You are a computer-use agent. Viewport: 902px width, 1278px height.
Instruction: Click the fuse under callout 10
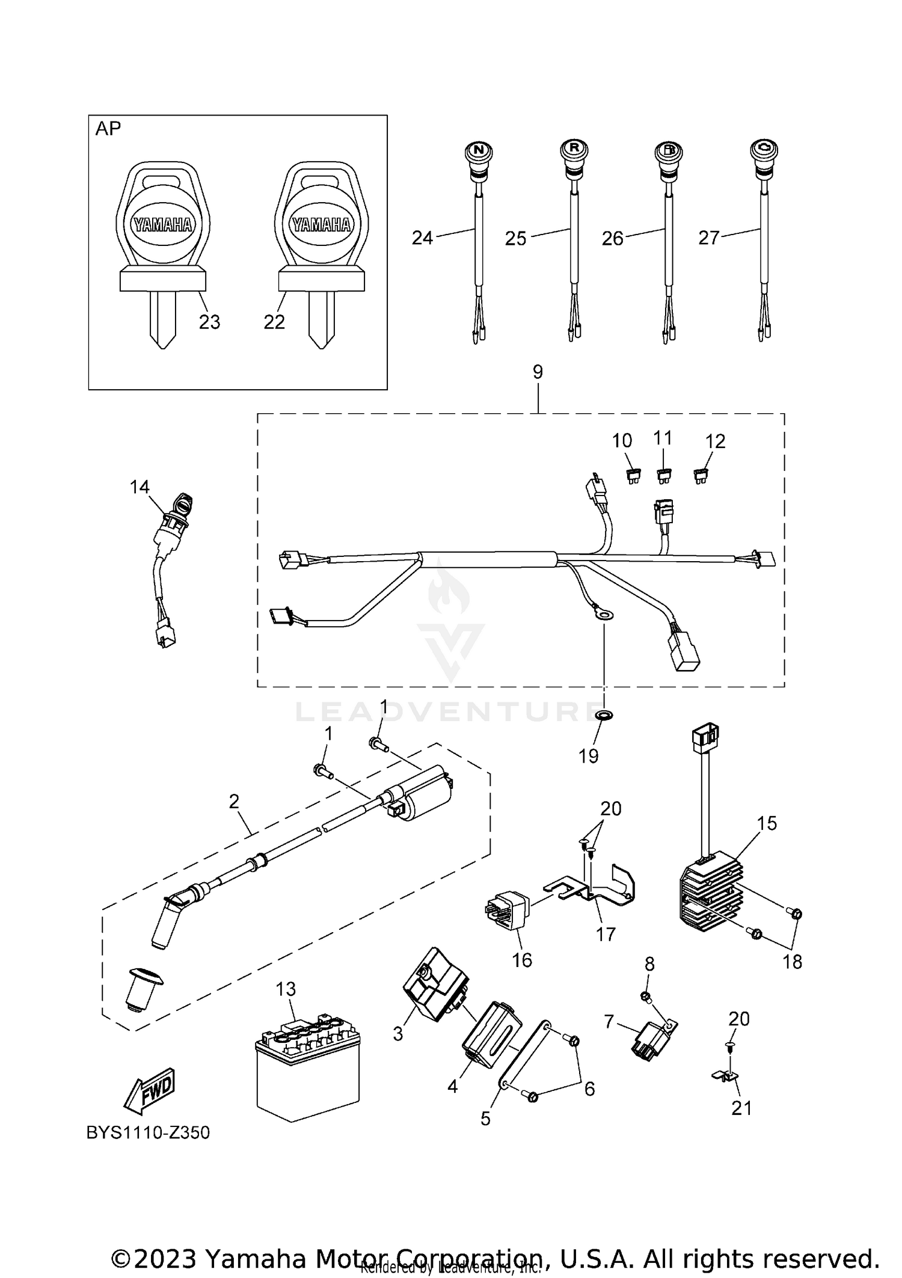tap(633, 478)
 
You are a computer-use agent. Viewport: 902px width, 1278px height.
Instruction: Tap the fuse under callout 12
tap(701, 478)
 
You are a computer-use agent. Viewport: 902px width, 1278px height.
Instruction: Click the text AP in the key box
tap(108, 129)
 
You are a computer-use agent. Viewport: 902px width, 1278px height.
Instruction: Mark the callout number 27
tap(709, 238)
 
